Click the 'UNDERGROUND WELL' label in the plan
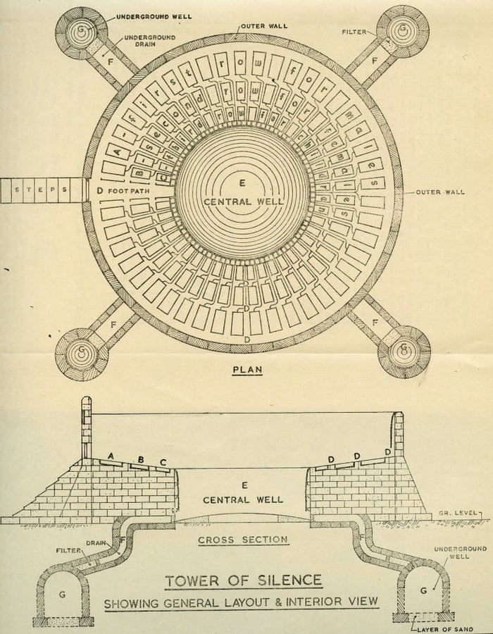click(163, 16)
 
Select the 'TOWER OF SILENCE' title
click(243, 581)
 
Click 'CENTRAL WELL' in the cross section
click(243, 499)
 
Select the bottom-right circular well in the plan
click(404, 352)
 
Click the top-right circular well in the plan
click(403, 31)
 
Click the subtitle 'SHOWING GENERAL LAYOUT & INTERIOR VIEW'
click(242, 603)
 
